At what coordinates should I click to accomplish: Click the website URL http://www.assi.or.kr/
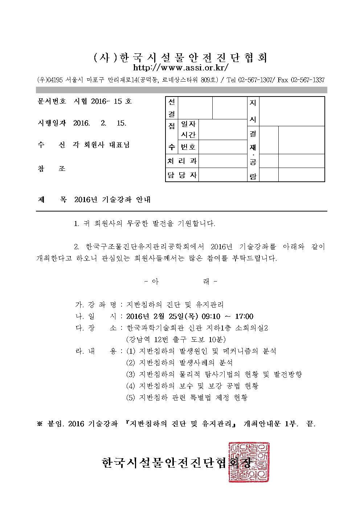[x=181, y=68]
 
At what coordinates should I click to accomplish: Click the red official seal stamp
[x=249, y=462]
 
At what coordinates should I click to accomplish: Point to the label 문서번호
[x=51, y=101]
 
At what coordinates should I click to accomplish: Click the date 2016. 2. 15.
[x=100, y=123]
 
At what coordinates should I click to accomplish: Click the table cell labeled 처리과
[x=182, y=161]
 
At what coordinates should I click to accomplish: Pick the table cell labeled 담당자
[x=182, y=175]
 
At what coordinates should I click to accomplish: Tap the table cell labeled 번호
[x=188, y=147]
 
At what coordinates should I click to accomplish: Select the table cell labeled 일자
[x=188, y=124]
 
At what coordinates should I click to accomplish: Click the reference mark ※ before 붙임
[x=40, y=423]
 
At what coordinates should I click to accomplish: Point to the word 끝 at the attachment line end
[x=310, y=423]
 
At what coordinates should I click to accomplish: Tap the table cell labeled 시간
[x=188, y=135]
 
